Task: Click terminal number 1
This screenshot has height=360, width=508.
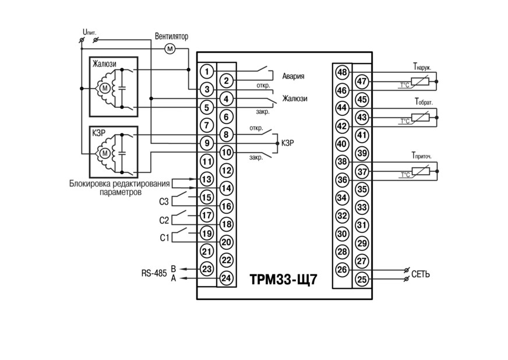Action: (x=207, y=71)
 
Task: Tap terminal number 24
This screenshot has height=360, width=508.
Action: (x=227, y=278)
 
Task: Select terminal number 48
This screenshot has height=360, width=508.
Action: (x=342, y=72)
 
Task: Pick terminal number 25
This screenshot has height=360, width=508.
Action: (x=362, y=279)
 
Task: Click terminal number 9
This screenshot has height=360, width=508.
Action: (x=207, y=143)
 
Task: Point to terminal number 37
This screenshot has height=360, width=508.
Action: (x=362, y=171)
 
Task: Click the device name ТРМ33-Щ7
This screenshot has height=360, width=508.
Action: (x=284, y=279)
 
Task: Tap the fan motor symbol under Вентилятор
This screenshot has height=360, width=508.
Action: (x=170, y=49)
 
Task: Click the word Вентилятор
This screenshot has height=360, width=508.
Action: (x=171, y=36)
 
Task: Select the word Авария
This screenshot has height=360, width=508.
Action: (x=293, y=76)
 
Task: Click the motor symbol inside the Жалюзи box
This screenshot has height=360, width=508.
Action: (x=105, y=88)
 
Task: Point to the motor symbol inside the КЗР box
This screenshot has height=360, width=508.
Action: (x=105, y=153)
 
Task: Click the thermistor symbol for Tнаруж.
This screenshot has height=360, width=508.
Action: (x=420, y=82)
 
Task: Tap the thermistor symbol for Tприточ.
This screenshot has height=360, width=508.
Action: (x=420, y=171)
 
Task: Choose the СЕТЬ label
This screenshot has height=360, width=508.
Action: (x=421, y=274)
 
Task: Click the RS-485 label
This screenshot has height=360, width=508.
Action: (x=154, y=273)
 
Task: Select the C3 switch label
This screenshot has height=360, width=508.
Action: (x=164, y=202)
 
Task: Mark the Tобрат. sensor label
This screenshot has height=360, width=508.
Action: (x=424, y=102)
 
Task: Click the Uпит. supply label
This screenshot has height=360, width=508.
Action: (x=89, y=32)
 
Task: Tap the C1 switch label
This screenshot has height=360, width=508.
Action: (x=164, y=238)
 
